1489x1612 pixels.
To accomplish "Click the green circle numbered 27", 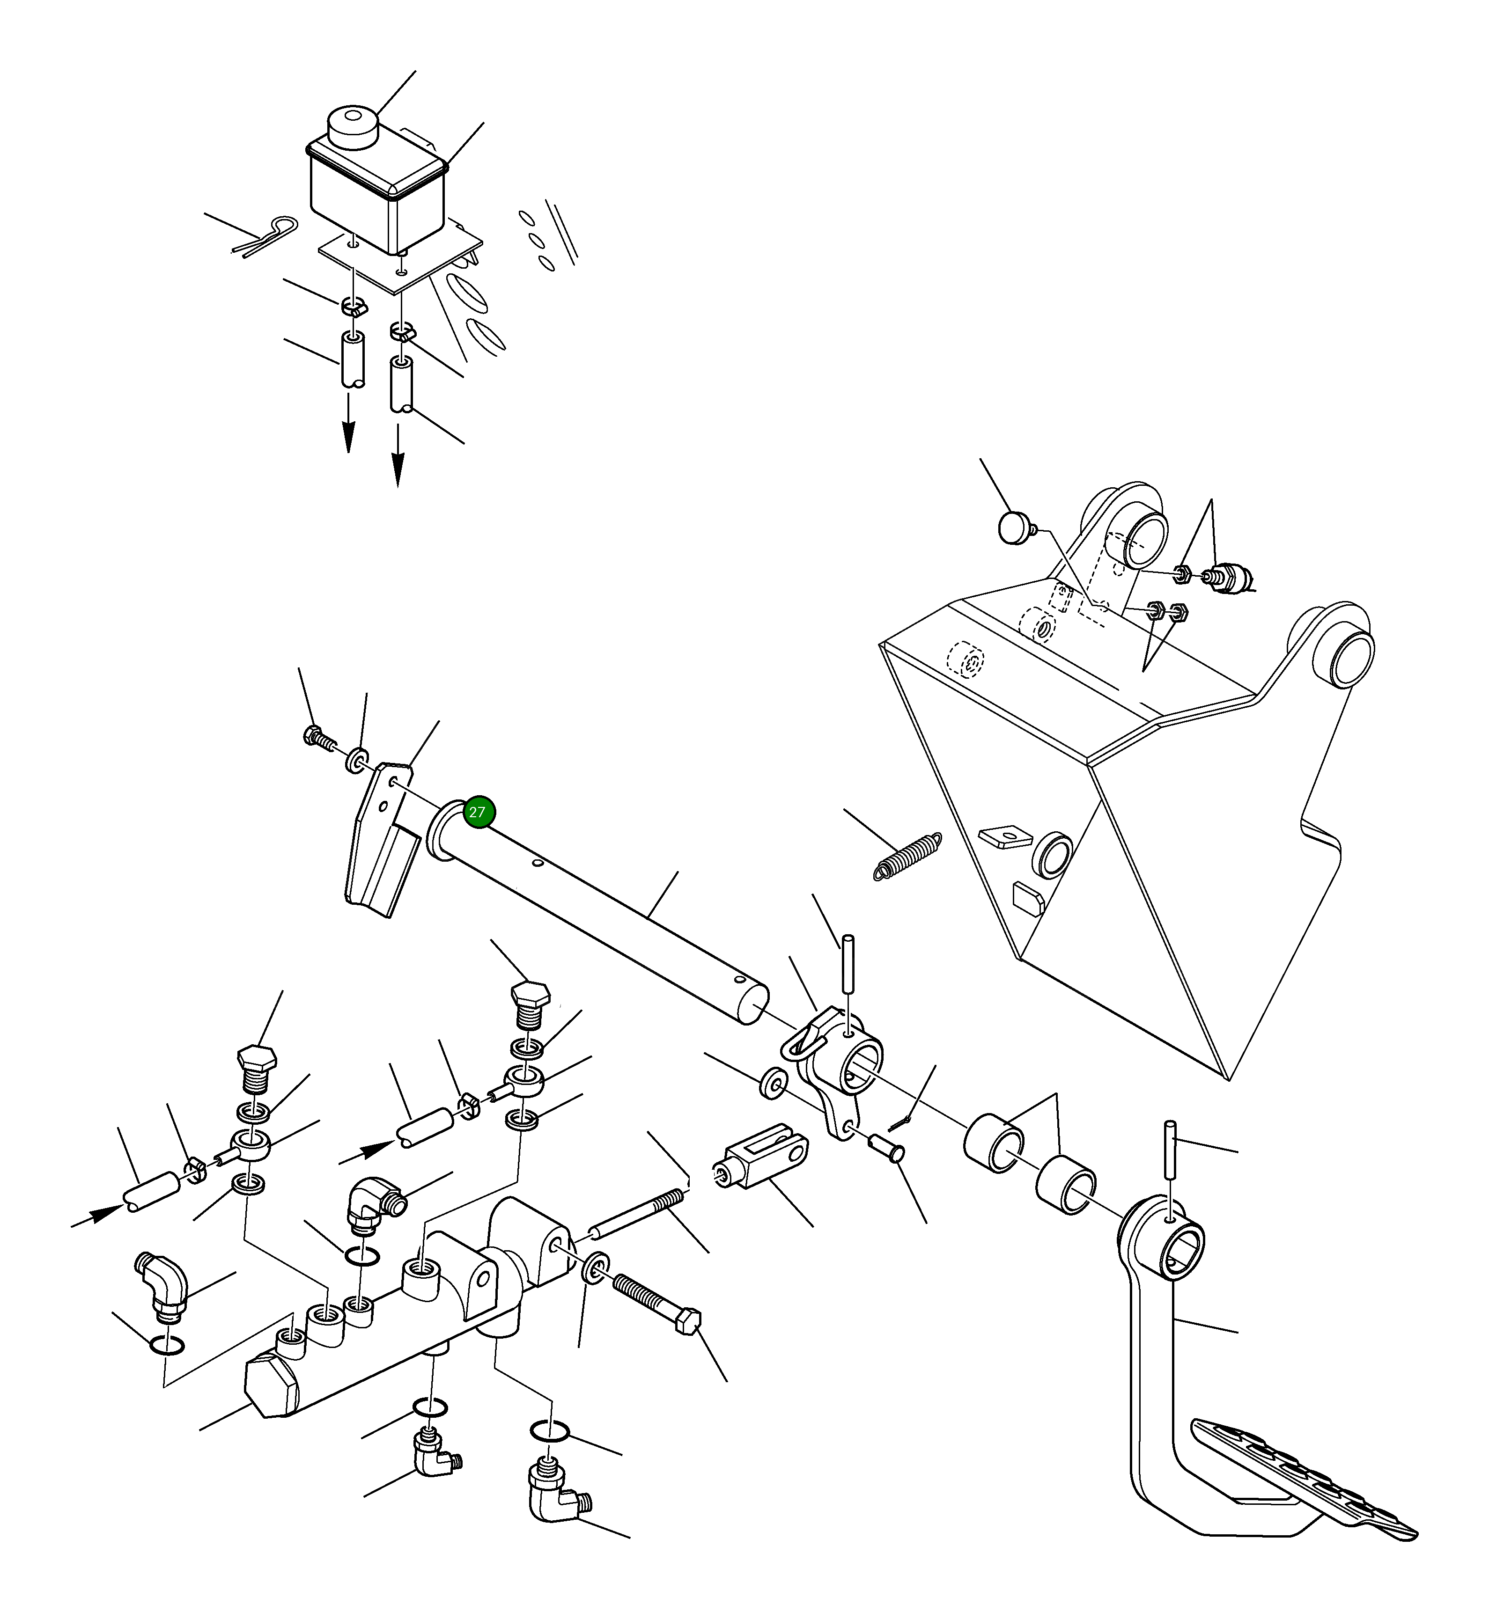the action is [477, 812].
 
